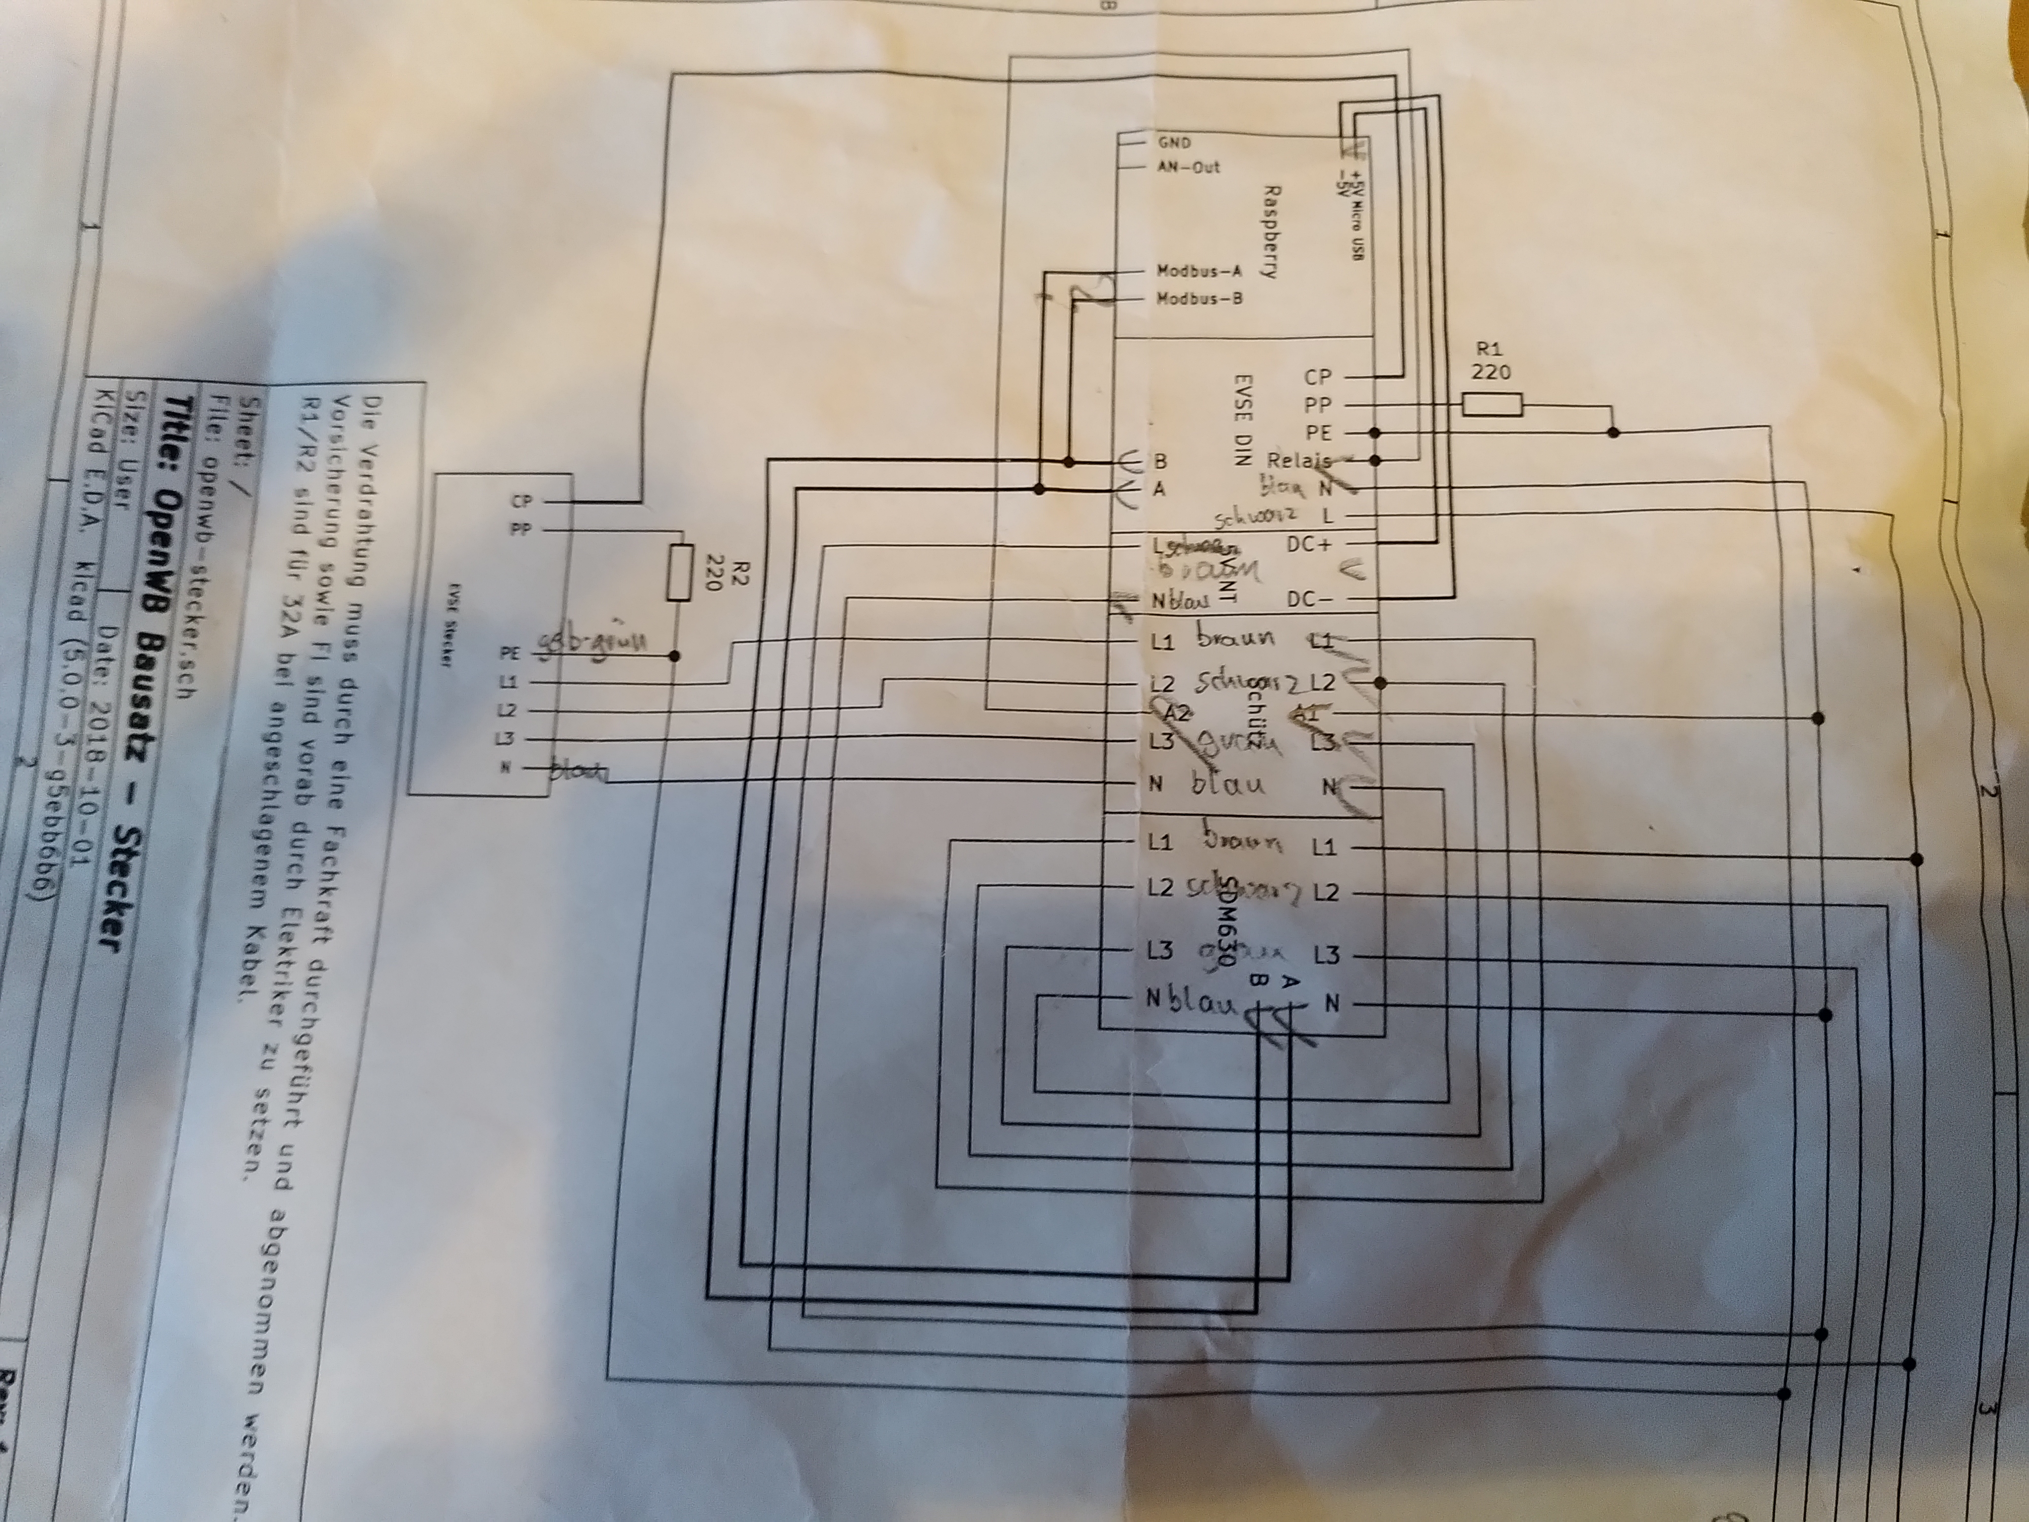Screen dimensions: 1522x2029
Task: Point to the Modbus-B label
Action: [x=1198, y=298]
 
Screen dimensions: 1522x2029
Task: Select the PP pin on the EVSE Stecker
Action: [x=520, y=529]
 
